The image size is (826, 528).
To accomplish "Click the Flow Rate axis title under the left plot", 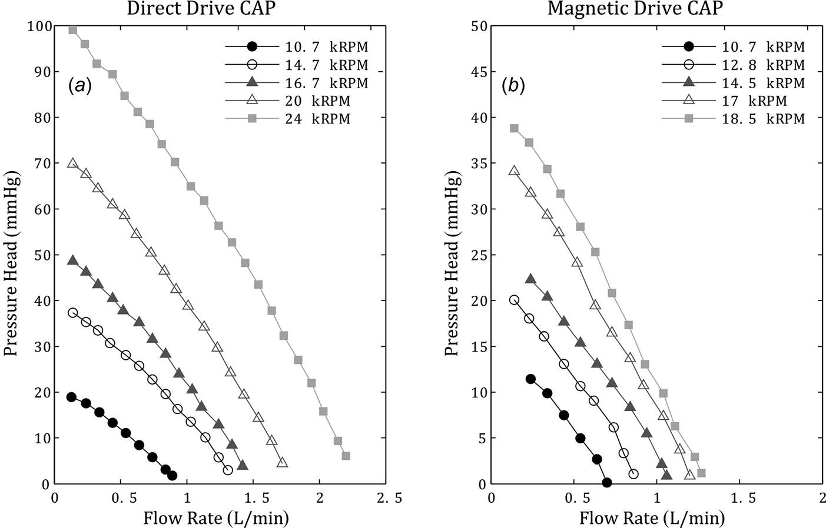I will (216, 517).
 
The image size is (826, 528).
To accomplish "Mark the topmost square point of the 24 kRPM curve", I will (73, 30).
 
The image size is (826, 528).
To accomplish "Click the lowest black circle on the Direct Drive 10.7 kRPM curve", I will (172, 476).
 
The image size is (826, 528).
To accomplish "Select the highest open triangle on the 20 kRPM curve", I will (72, 163).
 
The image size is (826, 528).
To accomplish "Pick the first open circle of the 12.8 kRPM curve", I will (514, 300).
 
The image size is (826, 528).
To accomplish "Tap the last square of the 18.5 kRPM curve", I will (701, 473).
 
